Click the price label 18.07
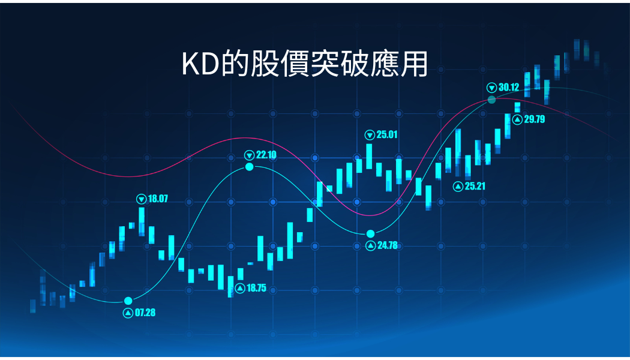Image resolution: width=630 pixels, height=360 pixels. click(x=158, y=199)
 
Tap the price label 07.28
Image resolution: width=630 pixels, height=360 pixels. click(x=145, y=313)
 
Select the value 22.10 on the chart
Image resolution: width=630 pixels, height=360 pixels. click(x=266, y=155)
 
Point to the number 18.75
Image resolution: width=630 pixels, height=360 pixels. click(x=256, y=288)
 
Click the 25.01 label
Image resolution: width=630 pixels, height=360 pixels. click(x=387, y=134)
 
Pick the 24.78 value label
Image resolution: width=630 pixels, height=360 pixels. click(x=388, y=245)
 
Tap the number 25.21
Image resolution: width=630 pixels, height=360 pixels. click(x=475, y=186)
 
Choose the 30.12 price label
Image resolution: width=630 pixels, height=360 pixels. click(x=509, y=87)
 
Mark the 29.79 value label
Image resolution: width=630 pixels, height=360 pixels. click(x=535, y=119)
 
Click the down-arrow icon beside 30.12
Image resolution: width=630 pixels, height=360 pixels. click(x=492, y=88)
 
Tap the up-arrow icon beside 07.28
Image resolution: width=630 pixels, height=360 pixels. click(x=128, y=313)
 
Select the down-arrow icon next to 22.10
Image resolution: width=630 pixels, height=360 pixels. click(x=250, y=155)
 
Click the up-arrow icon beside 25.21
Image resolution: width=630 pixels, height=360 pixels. click(x=458, y=187)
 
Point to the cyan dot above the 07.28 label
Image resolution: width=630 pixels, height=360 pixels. click(x=128, y=301)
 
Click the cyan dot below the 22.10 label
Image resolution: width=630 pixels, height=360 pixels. click(x=250, y=167)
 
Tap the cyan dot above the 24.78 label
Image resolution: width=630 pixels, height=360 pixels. click(x=370, y=234)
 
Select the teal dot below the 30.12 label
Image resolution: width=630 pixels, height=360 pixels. click(x=492, y=100)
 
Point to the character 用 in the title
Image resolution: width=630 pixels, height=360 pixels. click(x=414, y=64)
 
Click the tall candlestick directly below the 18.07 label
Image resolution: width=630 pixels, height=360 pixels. click(x=142, y=221)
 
